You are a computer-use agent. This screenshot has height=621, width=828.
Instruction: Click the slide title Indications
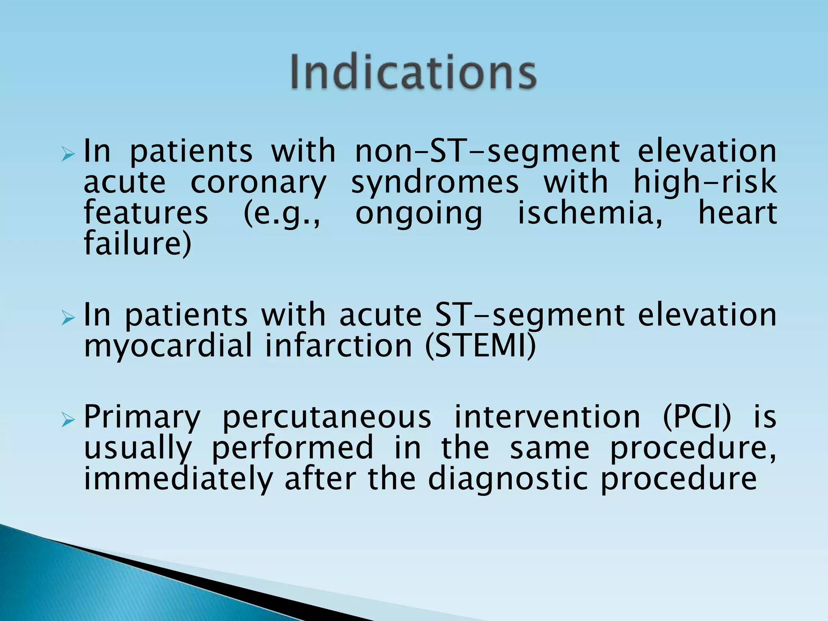pyautogui.click(x=413, y=73)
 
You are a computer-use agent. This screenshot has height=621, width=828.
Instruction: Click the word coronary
pyautogui.click(x=258, y=183)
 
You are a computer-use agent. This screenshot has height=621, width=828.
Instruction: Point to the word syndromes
pyautogui.click(x=435, y=183)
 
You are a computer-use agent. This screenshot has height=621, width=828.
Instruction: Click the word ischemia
pyautogui.click(x=590, y=213)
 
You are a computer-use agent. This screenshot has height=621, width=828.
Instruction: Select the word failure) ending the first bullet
pyautogui.click(x=137, y=244)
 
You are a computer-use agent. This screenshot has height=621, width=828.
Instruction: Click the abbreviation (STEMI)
pyautogui.click(x=480, y=346)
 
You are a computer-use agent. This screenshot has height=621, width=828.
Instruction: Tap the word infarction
pyautogui.click(x=338, y=346)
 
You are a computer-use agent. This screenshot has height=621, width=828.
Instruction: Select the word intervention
pyautogui.click(x=547, y=417)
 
